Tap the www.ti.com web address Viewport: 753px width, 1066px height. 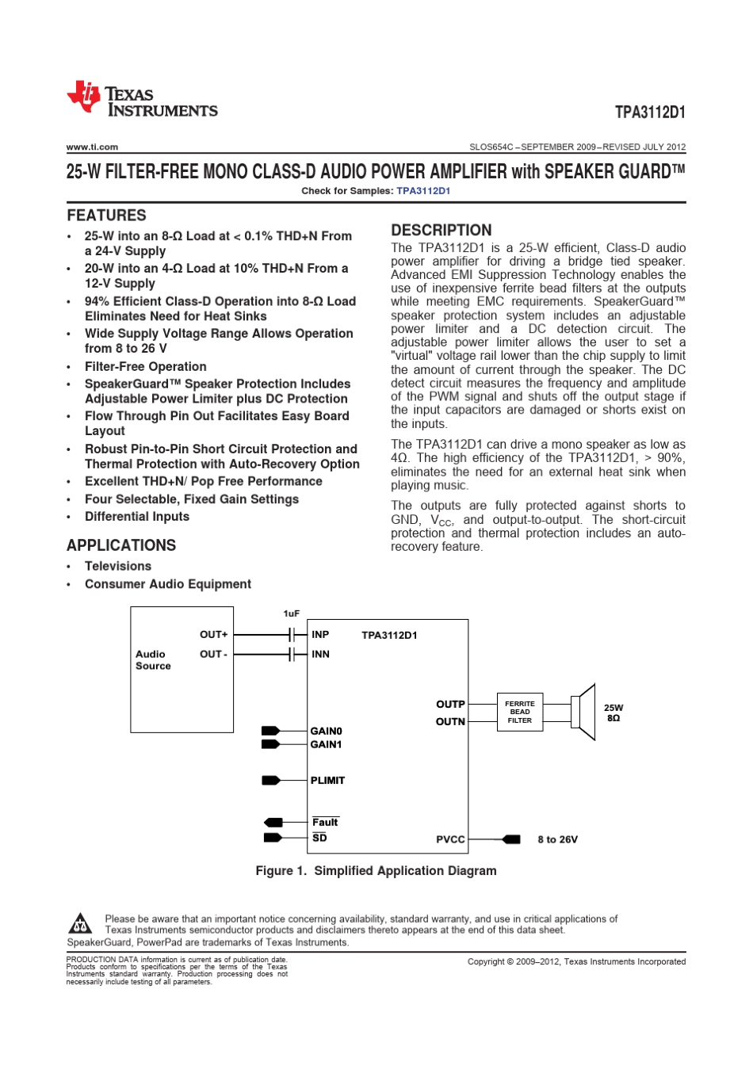click(92, 147)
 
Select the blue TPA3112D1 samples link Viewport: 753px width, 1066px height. click(423, 191)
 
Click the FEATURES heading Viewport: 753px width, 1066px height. click(106, 216)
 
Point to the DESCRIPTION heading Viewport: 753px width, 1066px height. click(441, 231)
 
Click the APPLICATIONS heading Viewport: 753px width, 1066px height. click(121, 545)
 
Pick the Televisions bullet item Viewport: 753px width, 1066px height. click(117, 566)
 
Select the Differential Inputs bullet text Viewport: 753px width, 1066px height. click(136, 517)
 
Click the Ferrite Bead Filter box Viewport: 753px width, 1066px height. click(519, 712)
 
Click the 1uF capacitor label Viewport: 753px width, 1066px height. click(292, 613)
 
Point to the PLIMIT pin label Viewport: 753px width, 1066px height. click(327, 781)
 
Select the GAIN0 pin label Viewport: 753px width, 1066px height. click(326, 732)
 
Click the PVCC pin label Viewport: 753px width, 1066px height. click(450, 839)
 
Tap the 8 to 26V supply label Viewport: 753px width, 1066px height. click(557, 839)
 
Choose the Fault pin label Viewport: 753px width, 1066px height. click(325, 823)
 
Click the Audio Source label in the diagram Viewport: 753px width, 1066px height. click(152, 660)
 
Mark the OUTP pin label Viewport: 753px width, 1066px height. click(450, 704)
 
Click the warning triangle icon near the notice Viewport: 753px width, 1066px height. click(80, 923)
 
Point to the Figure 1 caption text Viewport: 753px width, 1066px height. click(376, 871)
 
